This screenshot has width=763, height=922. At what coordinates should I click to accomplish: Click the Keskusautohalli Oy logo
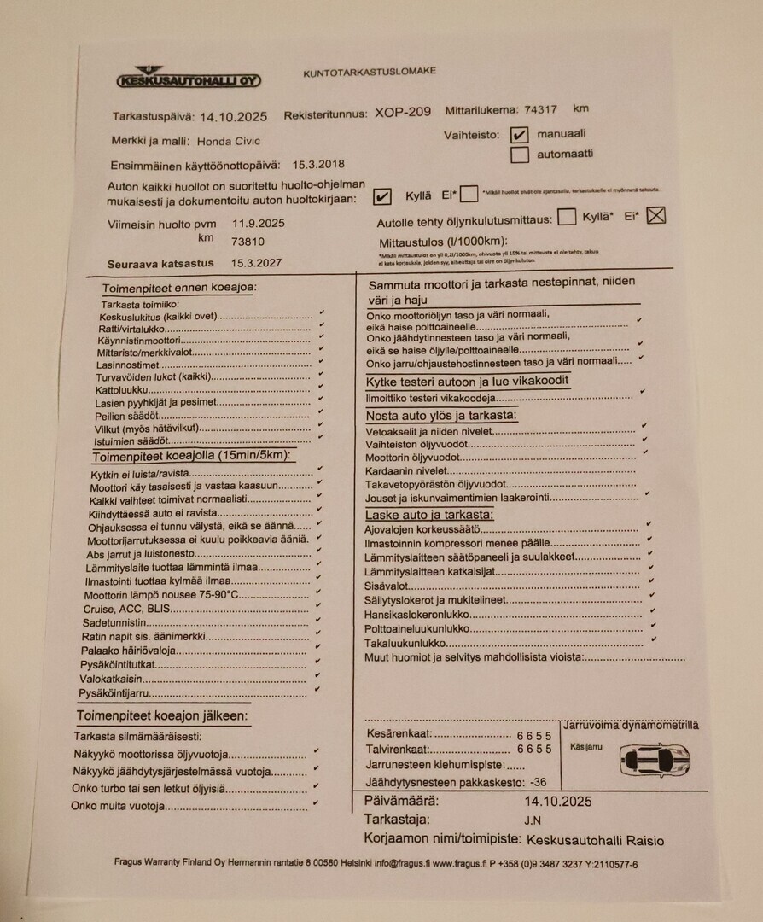tap(189, 78)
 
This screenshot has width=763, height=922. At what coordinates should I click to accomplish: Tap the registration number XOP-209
tap(403, 112)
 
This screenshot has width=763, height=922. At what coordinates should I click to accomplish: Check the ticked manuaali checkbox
tap(519, 135)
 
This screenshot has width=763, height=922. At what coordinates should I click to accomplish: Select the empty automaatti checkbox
tap(519, 155)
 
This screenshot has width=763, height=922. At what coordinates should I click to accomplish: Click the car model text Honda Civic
tap(229, 141)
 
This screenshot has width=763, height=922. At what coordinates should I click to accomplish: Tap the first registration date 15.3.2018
tap(318, 165)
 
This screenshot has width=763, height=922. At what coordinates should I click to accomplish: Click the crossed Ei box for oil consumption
tap(655, 216)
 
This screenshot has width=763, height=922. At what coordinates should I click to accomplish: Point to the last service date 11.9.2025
tap(259, 224)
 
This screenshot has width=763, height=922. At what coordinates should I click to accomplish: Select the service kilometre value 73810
tap(248, 242)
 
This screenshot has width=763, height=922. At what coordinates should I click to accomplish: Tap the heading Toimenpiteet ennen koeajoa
tap(179, 289)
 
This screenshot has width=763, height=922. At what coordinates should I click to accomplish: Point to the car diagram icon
tap(655, 760)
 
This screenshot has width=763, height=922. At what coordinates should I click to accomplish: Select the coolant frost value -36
tap(538, 782)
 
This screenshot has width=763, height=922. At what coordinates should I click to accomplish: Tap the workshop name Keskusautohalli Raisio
tap(595, 840)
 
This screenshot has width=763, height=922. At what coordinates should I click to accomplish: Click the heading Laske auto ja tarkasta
tap(429, 516)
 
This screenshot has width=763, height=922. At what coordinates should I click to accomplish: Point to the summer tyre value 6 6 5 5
tap(534, 735)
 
